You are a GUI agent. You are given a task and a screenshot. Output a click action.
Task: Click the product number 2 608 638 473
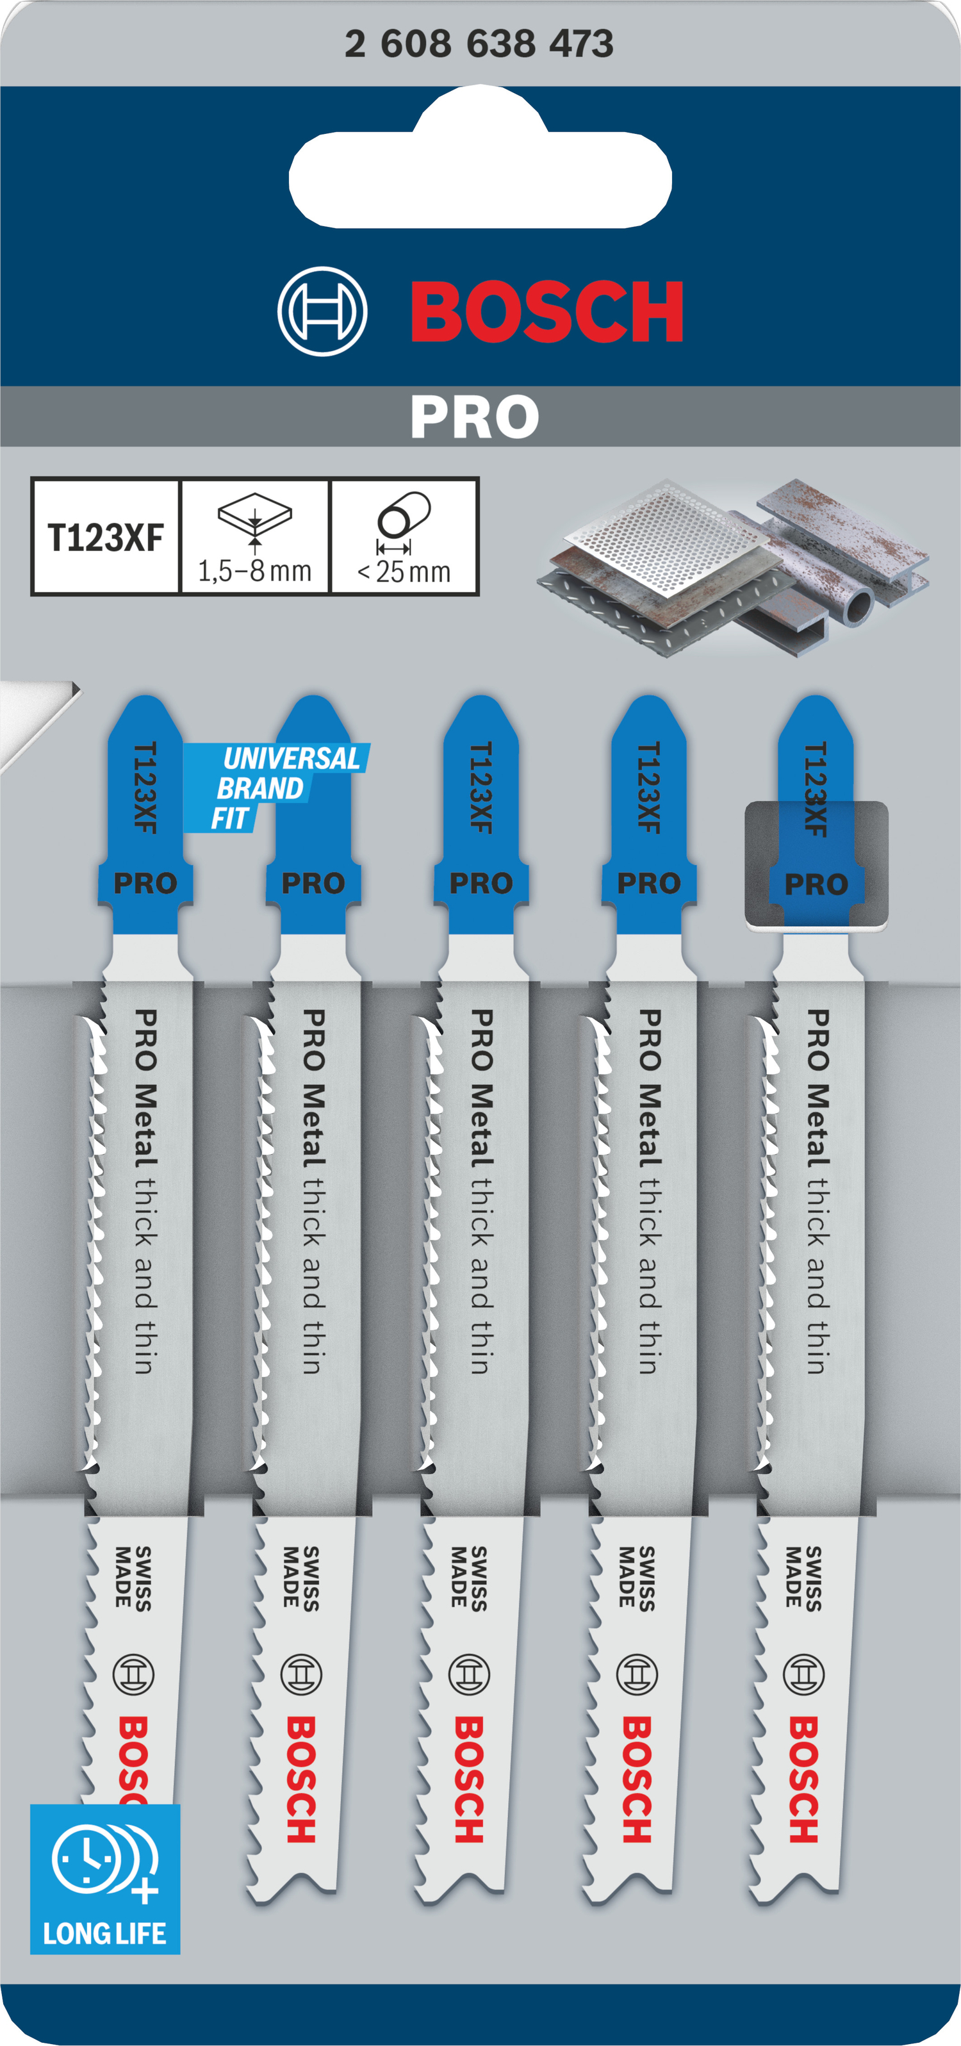(x=479, y=43)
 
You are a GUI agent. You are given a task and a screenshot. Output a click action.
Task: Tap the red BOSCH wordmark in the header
(x=547, y=311)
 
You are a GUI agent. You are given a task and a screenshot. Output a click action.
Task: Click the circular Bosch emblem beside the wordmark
(x=322, y=311)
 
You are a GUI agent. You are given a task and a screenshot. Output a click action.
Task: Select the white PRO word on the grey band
(x=475, y=417)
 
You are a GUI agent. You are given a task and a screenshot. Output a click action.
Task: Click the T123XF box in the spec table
(x=106, y=537)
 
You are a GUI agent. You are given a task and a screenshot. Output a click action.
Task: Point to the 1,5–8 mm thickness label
(x=254, y=571)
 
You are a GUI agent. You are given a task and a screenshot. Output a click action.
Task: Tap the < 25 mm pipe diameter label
(x=404, y=571)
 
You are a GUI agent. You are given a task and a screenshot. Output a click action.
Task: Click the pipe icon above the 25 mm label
(x=404, y=514)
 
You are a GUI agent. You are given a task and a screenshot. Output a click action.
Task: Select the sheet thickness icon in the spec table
(x=255, y=521)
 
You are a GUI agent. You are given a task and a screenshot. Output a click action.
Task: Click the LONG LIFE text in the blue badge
(x=105, y=1933)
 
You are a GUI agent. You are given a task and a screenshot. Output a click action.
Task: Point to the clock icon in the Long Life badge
(x=87, y=1858)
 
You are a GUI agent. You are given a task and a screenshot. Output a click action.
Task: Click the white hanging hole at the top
(x=481, y=165)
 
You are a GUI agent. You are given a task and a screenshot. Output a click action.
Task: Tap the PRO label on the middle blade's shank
(x=481, y=883)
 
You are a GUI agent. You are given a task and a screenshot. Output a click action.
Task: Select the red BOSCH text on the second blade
(x=302, y=1780)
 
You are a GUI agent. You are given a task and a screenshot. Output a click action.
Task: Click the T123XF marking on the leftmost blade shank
(x=145, y=787)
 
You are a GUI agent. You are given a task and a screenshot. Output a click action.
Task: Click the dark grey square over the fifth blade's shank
(x=816, y=864)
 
